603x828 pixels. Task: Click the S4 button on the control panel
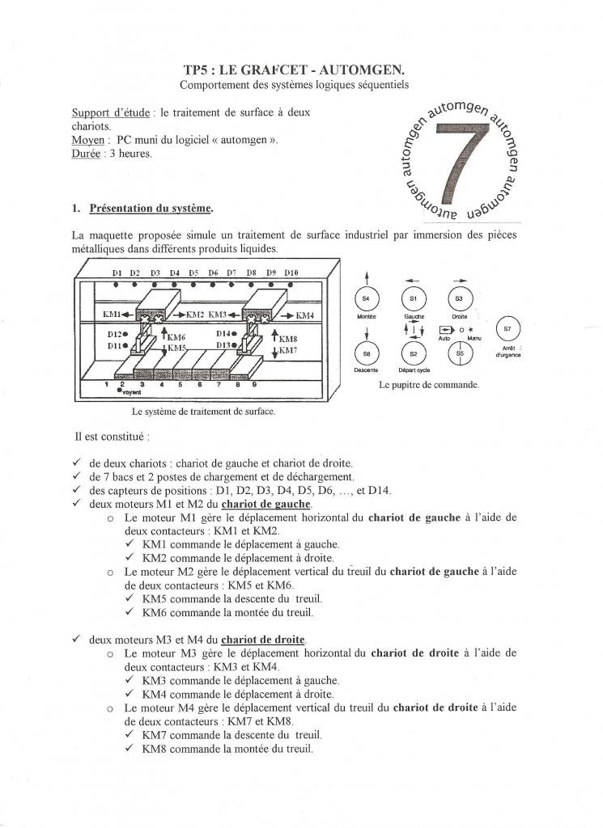(x=366, y=300)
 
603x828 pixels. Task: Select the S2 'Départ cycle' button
(x=414, y=353)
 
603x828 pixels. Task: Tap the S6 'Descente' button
(x=366, y=353)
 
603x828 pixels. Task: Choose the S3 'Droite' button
(x=459, y=300)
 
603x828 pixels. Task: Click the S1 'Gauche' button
(x=414, y=300)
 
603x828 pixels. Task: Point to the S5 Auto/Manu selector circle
(x=459, y=353)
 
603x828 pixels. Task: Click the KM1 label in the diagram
(x=112, y=314)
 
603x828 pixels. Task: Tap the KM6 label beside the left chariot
(x=176, y=336)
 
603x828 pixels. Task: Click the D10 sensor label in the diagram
(x=291, y=274)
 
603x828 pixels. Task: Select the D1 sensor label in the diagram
(x=117, y=274)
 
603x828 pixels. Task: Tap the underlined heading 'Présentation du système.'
(x=151, y=209)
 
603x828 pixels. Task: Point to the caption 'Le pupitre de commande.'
(x=428, y=385)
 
